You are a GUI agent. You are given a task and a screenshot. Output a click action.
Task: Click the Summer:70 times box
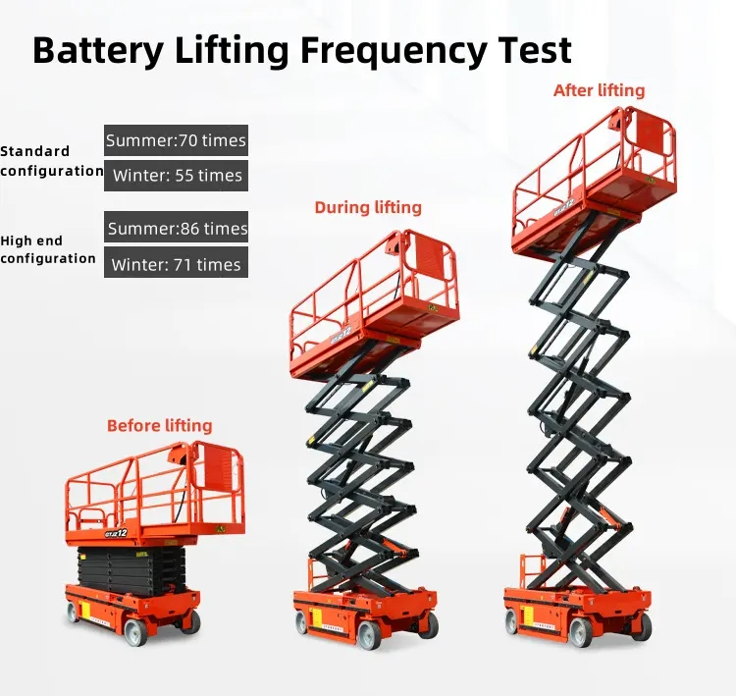[176, 140]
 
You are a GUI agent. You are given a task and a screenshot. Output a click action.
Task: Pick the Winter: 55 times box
[176, 176]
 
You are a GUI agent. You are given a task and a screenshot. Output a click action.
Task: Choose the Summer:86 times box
[176, 228]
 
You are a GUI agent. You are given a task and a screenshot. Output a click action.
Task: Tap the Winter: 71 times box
[176, 263]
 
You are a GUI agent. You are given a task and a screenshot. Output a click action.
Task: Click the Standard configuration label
[49, 161]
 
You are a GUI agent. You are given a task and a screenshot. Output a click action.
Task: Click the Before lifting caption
[159, 426]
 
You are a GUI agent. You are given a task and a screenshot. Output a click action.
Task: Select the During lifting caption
[368, 207]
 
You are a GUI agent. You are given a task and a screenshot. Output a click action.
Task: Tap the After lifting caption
[600, 90]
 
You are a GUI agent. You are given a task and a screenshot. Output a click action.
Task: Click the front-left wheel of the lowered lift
[135, 632]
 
